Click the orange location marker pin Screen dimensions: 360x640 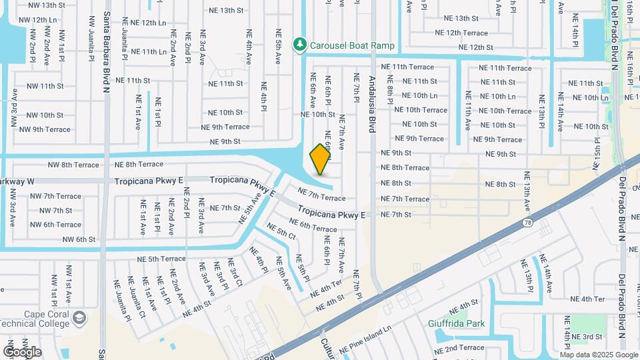[320, 159]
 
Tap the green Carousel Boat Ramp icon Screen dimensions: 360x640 [301, 45]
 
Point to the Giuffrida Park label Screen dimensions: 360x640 [456, 325]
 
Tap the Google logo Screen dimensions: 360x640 [21, 351]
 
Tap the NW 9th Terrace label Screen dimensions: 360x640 [45, 129]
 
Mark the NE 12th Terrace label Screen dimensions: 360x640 [461, 33]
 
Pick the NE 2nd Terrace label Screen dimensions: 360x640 [460, 347]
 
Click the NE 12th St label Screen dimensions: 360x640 [471, 47]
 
